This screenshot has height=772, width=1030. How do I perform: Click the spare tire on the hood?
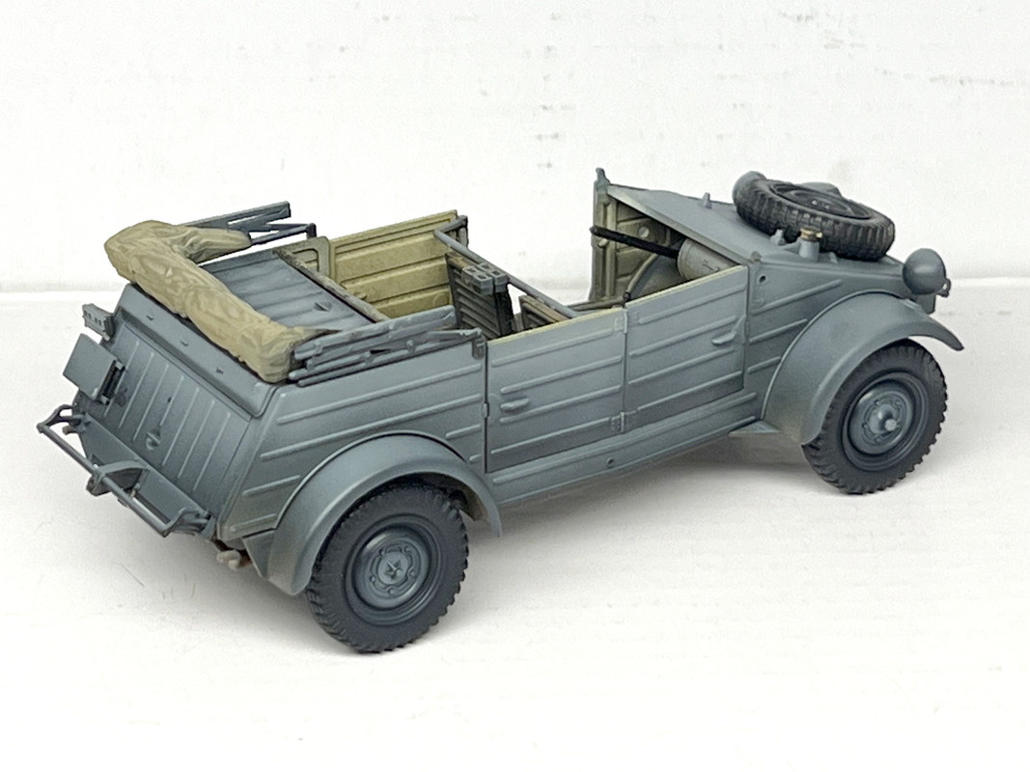pos(813,214)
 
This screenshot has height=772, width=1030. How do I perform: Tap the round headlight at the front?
pos(925,271)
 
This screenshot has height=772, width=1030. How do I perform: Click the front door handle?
pos(723,337)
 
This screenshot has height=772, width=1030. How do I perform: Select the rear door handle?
pos(515,404)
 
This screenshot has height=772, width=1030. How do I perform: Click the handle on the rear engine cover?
pos(153,439)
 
